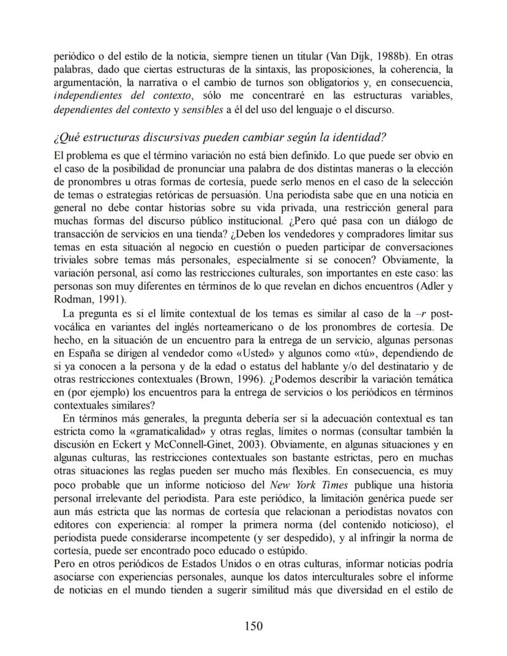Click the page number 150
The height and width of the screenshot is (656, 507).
(x=254, y=625)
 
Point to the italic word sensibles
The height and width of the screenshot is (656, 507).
(x=222, y=110)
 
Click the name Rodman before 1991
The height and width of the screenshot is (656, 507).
(x=72, y=299)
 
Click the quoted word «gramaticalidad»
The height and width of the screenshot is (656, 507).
(x=178, y=434)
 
